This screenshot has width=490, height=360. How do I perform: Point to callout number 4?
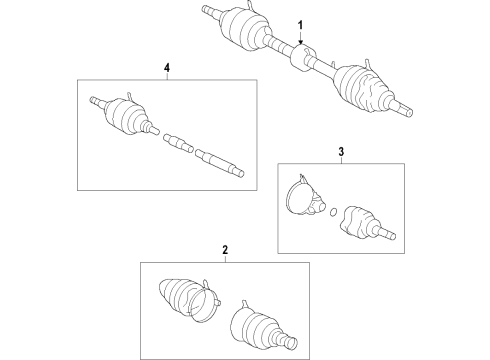tap(167, 67)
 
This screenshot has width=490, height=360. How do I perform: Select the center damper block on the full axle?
tap(299, 57)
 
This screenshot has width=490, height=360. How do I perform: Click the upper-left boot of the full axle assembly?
tap(242, 25)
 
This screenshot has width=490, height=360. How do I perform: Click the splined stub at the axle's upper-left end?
tap(208, 10)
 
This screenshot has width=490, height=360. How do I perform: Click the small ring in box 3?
tap(332, 211)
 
